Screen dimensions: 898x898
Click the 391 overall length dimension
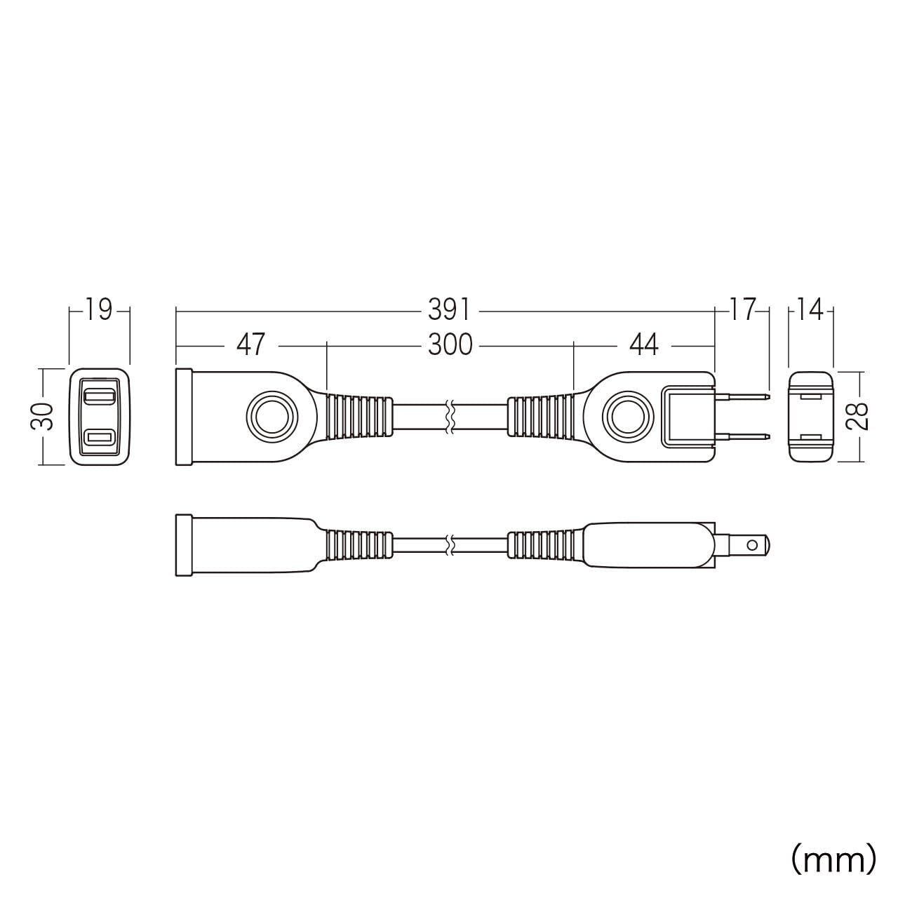tap(448, 310)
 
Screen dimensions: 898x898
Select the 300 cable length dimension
tap(450, 345)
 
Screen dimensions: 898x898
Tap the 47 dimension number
tap(250, 345)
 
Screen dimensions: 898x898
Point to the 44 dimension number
tap(643, 345)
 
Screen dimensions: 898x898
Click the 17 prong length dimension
tap(741, 310)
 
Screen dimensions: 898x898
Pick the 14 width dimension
tap(810, 310)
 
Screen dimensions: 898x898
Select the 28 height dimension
tap(857, 416)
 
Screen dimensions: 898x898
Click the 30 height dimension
tap(42, 416)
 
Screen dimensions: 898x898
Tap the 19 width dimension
tap(99, 310)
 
